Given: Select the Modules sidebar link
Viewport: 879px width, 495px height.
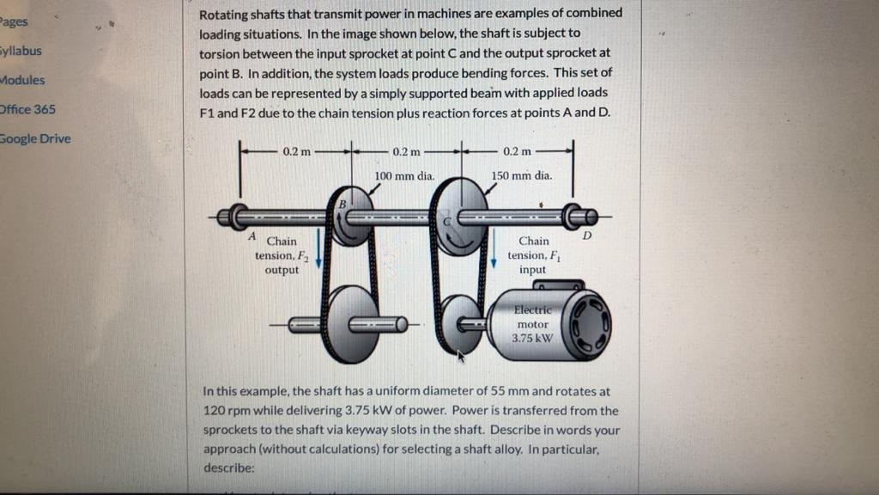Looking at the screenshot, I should click(22, 80).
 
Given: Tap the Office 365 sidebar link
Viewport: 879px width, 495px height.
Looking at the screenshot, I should click(27, 109).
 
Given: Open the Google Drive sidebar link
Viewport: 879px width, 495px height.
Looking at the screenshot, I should click(34, 138).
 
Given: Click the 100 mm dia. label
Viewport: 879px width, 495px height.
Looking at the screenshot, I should click(406, 175).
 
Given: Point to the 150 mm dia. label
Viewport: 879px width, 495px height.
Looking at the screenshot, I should click(522, 175).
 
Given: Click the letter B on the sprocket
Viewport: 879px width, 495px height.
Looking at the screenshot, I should click(343, 205).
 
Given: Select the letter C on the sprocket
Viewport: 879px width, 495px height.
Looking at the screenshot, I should click(446, 221).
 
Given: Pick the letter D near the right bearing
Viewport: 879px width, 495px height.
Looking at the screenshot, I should click(587, 235).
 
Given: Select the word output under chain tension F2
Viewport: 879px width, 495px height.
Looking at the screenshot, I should click(282, 270).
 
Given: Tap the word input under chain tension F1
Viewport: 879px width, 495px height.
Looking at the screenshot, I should click(533, 270).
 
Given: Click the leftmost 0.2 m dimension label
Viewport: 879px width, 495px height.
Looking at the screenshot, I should click(295, 151).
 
